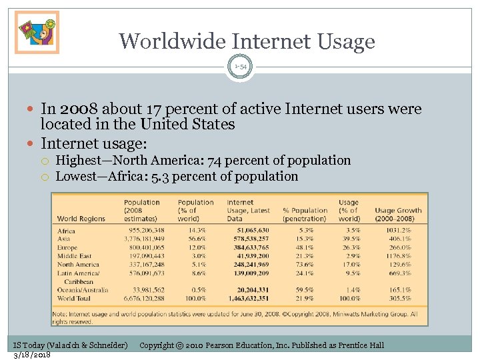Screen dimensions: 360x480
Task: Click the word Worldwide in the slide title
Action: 172,41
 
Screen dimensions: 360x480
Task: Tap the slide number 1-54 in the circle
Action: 240,67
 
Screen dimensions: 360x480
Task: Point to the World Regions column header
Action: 81,219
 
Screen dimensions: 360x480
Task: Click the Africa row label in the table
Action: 66,231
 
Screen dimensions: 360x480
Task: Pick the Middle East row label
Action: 75,255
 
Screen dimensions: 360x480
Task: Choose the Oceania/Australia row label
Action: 83,290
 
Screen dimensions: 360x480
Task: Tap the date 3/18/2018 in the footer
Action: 31,355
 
